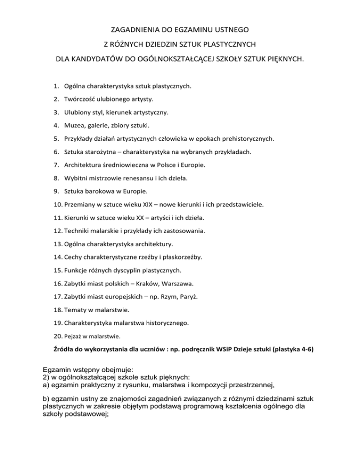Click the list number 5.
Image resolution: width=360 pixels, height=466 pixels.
tap(55, 139)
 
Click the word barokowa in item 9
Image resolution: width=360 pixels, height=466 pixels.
tap(100, 191)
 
